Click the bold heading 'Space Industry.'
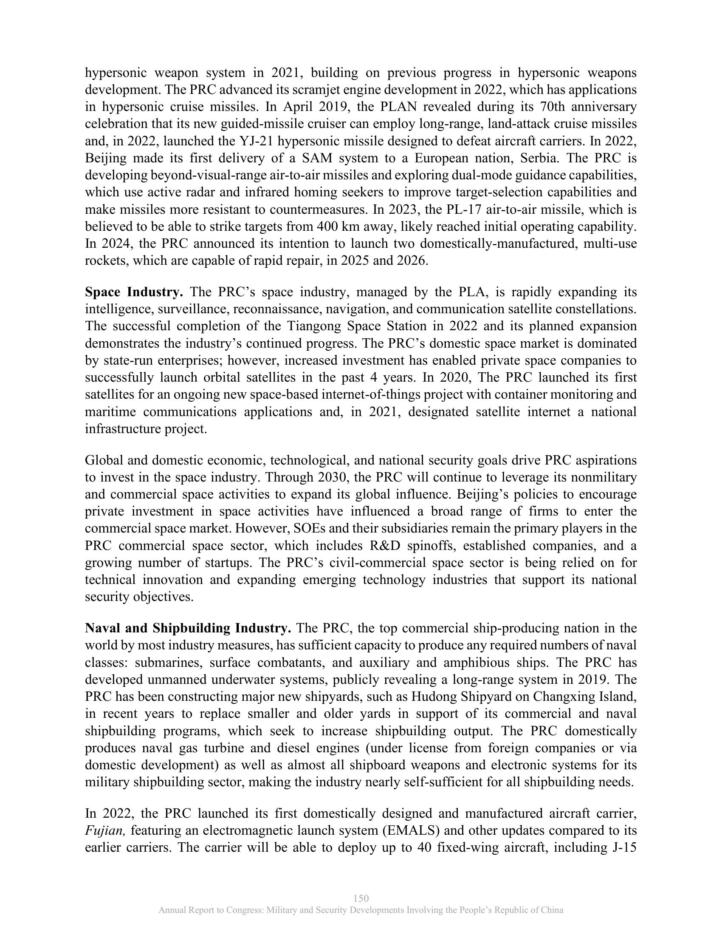tap(134, 292)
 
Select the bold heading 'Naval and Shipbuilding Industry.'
tap(188, 629)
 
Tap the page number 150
tap(361, 898)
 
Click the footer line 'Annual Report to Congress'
tap(361, 910)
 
